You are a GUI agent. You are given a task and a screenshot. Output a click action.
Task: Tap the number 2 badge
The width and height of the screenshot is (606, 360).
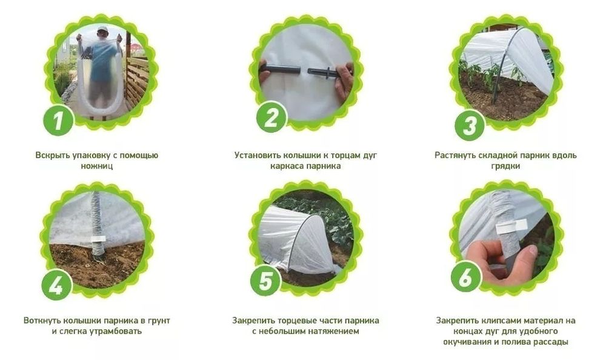click(271, 117)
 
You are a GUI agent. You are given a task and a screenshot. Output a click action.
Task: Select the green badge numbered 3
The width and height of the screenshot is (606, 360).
click(470, 125)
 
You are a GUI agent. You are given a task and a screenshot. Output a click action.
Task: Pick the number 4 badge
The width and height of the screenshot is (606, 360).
click(56, 285)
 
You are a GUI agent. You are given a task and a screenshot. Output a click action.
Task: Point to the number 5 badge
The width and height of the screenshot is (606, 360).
click(265, 281)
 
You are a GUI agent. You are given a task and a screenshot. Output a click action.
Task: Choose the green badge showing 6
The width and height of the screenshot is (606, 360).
click(465, 277)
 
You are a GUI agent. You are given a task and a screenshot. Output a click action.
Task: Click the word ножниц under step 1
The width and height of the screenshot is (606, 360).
click(96, 166)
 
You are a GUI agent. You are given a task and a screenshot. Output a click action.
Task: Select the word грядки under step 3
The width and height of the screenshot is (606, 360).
click(505, 166)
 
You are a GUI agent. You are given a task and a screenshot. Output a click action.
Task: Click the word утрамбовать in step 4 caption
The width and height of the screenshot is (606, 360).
click(115, 332)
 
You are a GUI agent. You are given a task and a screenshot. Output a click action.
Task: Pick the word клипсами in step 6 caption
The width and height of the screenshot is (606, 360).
click(499, 321)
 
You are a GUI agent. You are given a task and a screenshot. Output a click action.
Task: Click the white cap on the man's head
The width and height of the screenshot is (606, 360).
click(102, 29)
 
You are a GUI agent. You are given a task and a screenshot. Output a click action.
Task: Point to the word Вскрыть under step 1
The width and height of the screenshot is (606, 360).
click(53, 155)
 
